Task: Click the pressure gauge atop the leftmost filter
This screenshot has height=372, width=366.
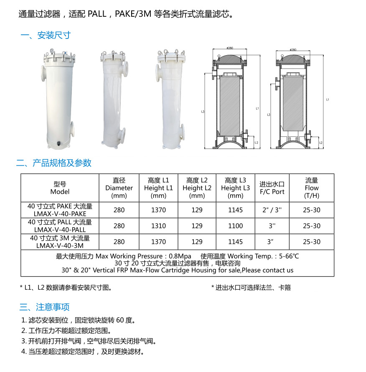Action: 51,51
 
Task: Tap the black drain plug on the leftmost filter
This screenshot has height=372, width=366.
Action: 59,143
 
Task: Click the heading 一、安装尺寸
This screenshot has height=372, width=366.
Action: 46,35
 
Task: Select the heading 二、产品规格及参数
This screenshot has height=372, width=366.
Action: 54,163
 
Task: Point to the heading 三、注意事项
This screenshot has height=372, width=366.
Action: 45,307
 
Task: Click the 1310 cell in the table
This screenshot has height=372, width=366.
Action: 158,226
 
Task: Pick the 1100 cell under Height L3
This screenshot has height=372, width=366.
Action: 236,226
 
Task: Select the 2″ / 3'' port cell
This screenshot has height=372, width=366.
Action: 272,210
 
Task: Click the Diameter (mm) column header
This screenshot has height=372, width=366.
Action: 119,188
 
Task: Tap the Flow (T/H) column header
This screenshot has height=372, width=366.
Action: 312,188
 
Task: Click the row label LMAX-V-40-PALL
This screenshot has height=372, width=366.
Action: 60,230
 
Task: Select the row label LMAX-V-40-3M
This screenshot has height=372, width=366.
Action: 60,246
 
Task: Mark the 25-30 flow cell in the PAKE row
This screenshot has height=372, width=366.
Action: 312,210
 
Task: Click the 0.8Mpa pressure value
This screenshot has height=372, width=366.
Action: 180,256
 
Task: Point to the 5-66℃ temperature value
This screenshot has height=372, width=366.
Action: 289,256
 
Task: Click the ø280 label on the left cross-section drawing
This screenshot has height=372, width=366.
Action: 230,48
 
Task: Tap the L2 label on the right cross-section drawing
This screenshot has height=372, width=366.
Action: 321,143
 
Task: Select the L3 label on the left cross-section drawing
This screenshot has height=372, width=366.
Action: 203,111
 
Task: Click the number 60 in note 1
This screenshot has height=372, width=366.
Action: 120,320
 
